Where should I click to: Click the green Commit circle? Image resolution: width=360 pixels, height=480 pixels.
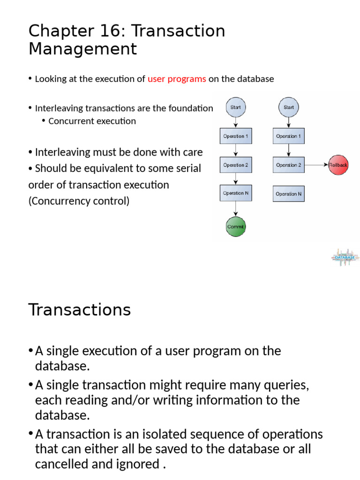coord(235,227)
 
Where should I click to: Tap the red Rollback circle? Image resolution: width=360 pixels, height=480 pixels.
coord(338,165)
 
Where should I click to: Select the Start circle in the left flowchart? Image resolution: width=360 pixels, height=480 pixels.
coord(235,107)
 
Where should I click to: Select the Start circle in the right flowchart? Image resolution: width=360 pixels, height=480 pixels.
coord(289,107)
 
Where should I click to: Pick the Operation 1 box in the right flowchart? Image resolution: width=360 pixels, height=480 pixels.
coord(289,136)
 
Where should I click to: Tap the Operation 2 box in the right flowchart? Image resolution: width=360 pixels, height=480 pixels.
coord(289,165)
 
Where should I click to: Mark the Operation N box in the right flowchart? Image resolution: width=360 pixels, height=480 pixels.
coord(289,194)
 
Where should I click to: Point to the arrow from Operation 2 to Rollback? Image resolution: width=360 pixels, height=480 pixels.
coord(316,165)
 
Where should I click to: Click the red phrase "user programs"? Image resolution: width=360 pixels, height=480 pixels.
coord(177,79)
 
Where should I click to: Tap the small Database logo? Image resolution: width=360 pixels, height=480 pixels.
coord(345,257)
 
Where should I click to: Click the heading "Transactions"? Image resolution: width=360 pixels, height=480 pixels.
coord(80,310)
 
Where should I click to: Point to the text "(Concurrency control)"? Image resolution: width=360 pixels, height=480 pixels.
coord(79,201)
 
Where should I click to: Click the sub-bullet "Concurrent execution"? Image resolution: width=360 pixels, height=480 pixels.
coord(92,121)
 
